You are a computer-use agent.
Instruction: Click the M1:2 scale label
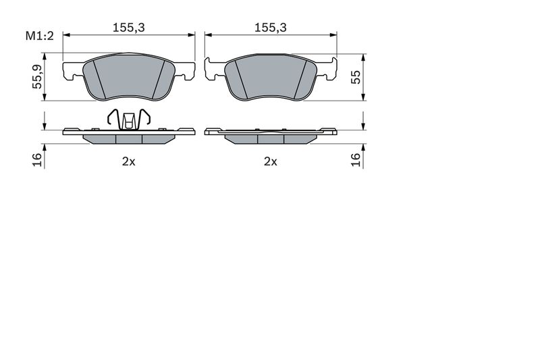click(40, 36)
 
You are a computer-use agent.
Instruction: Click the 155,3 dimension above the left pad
click(129, 28)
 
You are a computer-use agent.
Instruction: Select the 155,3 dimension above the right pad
click(271, 28)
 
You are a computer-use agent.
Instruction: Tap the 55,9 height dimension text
click(37, 77)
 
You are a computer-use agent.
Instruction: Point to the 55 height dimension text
click(356, 77)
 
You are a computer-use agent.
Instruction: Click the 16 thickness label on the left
click(37, 160)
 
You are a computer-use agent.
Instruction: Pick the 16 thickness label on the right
click(356, 160)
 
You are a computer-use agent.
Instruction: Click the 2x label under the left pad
click(129, 161)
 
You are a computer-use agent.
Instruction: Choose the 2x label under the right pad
click(271, 161)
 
